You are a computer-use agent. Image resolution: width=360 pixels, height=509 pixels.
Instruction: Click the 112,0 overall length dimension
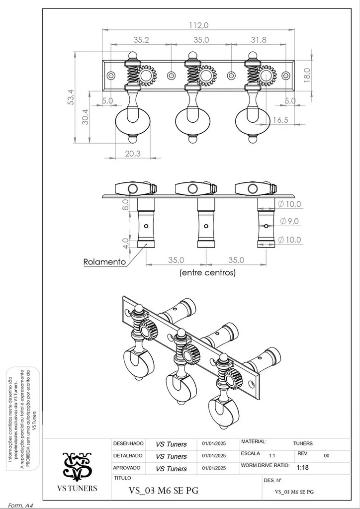[199, 25]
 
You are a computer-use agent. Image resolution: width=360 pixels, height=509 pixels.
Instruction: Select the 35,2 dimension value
[141, 40]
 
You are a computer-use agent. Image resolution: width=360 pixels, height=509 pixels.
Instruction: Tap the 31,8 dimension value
[259, 40]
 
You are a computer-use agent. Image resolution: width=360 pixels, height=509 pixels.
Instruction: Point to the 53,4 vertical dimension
[71, 97]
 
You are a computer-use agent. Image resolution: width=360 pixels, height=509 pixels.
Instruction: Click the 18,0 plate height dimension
[307, 76]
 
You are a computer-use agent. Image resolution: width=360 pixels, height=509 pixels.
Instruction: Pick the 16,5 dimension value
[280, 120]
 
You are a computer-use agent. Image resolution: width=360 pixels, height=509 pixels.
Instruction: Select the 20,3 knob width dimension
[133, 154]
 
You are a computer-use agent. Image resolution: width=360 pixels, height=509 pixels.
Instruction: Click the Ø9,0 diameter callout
[289, 222]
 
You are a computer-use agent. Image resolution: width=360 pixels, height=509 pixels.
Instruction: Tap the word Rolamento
[104, 261]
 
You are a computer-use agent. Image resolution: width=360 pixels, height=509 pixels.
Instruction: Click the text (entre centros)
[207, 273]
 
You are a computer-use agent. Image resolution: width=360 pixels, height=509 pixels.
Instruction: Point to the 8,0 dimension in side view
[126, 204]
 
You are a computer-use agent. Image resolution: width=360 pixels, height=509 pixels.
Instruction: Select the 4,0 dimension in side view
[126, 242]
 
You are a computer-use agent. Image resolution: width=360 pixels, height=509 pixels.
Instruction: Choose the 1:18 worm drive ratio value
[302, 468]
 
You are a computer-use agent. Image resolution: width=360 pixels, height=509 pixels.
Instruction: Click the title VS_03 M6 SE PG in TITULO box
[164, 491]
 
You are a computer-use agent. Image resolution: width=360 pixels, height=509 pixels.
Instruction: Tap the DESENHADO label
[128, 443]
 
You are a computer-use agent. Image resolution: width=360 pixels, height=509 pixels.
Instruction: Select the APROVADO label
[127, 468]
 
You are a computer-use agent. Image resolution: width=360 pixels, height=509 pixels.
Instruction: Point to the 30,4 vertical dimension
[85, 117]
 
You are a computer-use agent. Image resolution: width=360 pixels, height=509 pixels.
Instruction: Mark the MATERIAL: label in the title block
[254, 442]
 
